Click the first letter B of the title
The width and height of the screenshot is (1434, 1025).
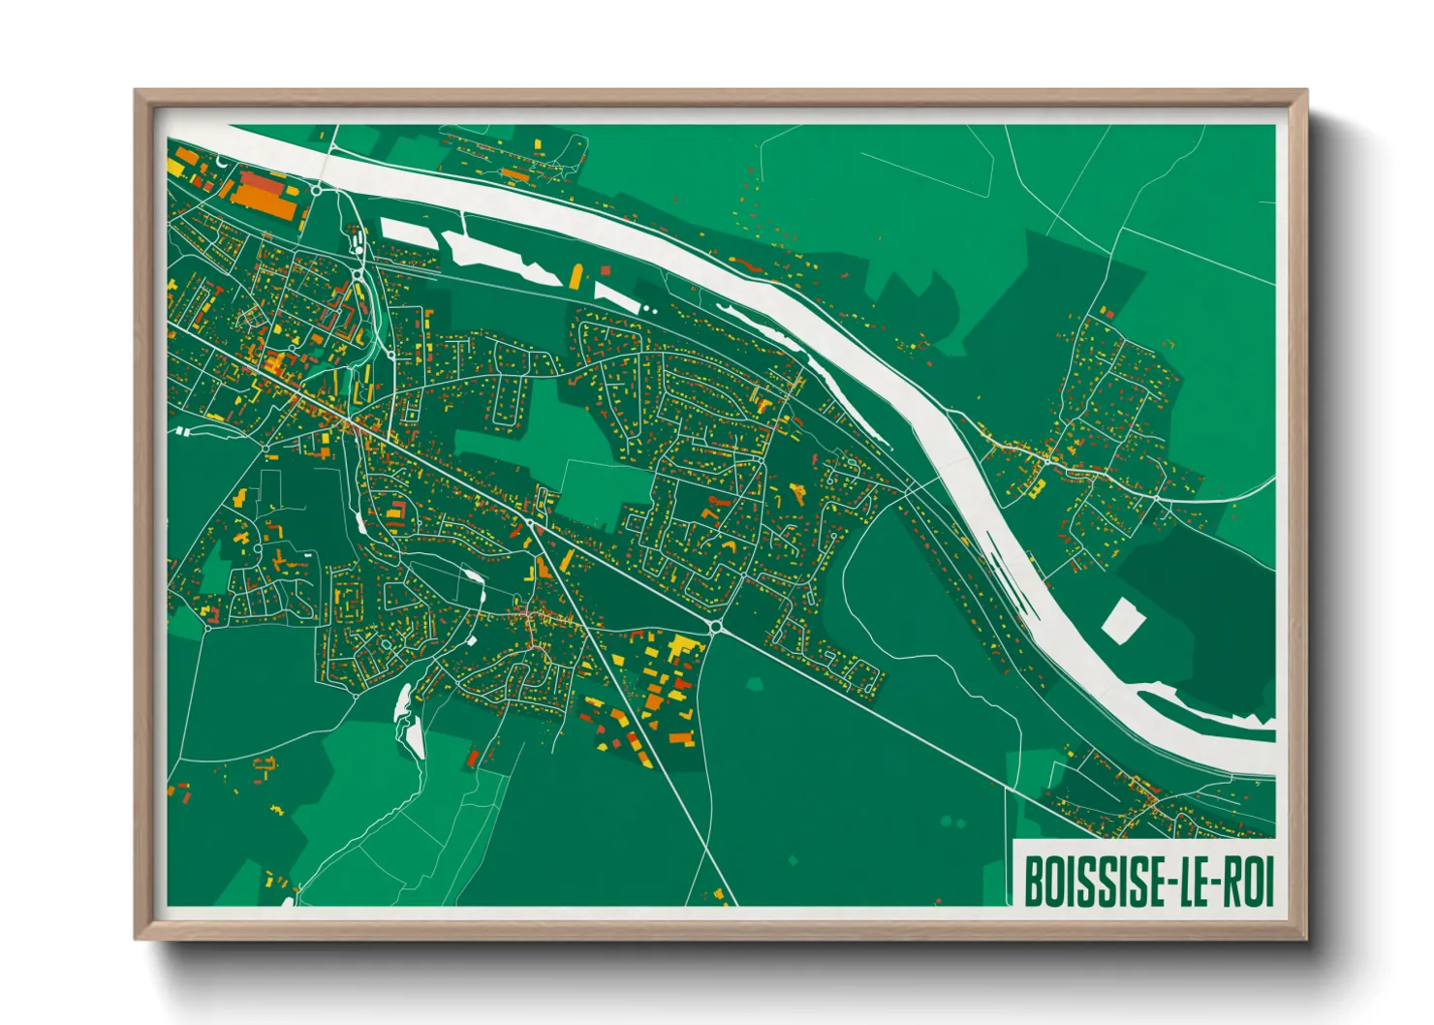click(x=1034, y=881)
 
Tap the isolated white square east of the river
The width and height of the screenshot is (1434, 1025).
click(x=1122, y=620)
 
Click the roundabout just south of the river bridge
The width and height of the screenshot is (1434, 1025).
click(x=317, y=191)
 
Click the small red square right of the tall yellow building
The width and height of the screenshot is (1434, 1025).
click(x=606, y=270)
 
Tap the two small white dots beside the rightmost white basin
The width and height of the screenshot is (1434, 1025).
click(x=649, y=310)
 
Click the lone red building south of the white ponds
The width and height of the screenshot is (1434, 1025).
click(x=473, y=758)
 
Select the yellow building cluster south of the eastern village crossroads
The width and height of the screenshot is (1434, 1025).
click(x=1034, y=487)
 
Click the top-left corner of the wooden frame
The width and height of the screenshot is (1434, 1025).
click(x=137, y=92)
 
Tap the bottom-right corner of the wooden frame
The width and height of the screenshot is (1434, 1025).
click(x=1305, y=938)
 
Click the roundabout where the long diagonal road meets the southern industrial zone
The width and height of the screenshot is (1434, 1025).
click(x=715, y=628)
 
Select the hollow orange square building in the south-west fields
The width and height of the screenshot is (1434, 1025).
click(x=264, y=764)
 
